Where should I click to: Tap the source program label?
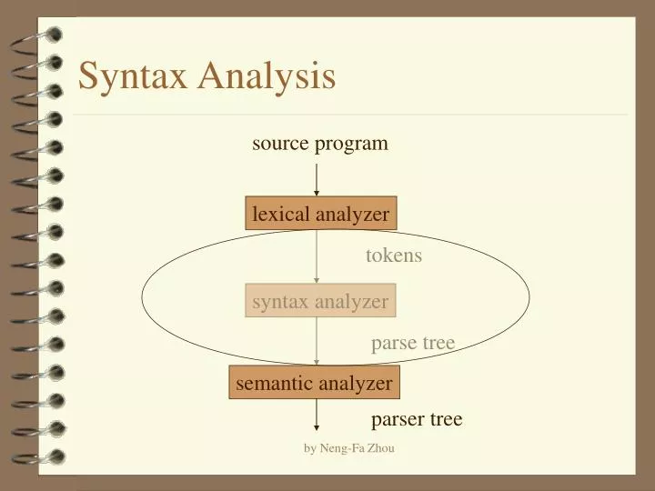[x=320, y=144]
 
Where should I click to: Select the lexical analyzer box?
[x=320, y=215]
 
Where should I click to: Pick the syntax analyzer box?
[x=320, y=301]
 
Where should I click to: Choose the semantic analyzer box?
[x=314, y=384]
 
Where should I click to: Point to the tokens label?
[x=394, y=256]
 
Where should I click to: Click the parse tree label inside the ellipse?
[x=412, y=343]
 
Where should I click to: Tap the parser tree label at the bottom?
[x=417, y=419]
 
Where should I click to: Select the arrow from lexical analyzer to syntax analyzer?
[x=317, y=258]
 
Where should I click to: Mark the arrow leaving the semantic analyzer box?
[x=317, y=415]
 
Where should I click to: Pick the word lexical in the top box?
[x=280, y=215]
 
